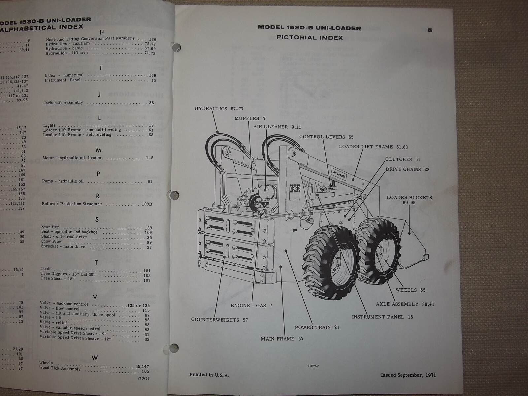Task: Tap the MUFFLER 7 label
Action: click(250, 118)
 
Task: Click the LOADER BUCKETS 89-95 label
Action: click(409, 200)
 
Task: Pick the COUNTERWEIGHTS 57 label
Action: click(219, 319)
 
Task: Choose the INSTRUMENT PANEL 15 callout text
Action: click(382, 317)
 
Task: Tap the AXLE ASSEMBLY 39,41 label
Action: click(405, 304)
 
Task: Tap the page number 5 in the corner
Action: click(429, 30)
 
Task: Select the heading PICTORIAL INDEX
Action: click(310, 38)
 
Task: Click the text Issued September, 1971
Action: click(408, 375)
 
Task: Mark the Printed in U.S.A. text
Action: click(209, 375)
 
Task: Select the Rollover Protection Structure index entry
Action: click(72, 204)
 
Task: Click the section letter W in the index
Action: click(94, 358)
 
